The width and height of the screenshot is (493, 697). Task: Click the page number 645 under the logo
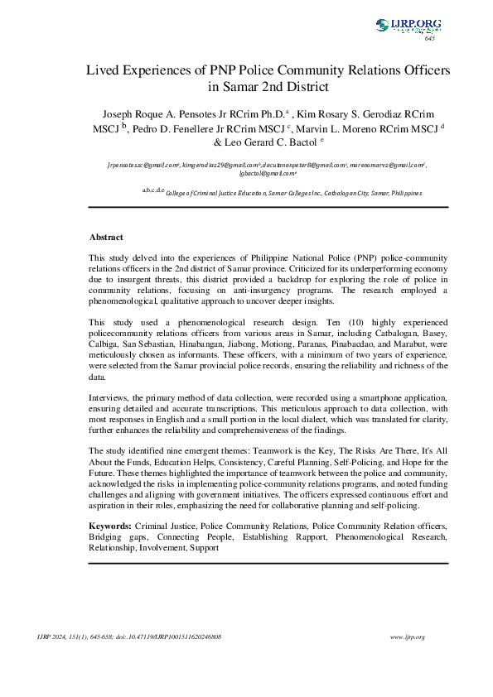[x=429, y=39]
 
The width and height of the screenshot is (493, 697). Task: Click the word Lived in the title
[x=105, y=70]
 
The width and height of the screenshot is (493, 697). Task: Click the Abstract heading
[x=106, y=237]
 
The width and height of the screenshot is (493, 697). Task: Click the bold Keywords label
[x=109, y=526]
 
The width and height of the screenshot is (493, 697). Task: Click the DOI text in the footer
[x=183, y=637]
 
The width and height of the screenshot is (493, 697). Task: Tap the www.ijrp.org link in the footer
[x=407, y=637]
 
